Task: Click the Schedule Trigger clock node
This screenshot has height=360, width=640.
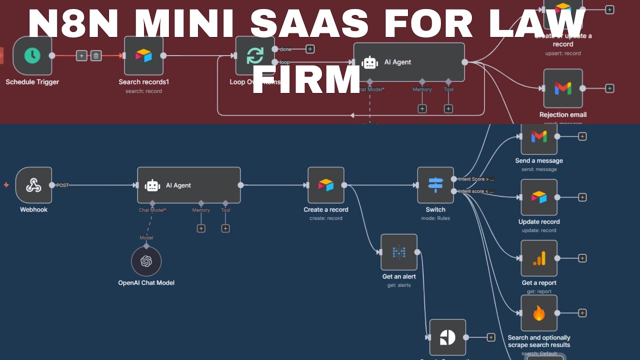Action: pyautogui.click(x=32, y=55)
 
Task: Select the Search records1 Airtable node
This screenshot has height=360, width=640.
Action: pyautogui.click(x=143, y=55)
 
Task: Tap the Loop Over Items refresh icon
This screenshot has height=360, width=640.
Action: pyautogui.click(x=254, y=55)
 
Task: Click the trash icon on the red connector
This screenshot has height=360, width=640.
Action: pyautogui.click(x=96, y=55)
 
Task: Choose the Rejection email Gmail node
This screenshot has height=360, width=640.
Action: pyautogui.click(x=563, y=88)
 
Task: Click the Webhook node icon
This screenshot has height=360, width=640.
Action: pyautogui.click(x=33, y=185)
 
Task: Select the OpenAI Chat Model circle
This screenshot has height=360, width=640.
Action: pyautogui.click(x=146, y=261)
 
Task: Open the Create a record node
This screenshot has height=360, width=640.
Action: pyautogui.click(x=325, y=185)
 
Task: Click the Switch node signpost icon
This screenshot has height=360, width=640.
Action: pyautogui.click(x=435, y=185)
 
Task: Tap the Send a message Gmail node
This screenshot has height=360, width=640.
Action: pyautogui.click(x=539, y=136)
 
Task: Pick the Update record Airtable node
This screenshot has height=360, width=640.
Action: pyautogui.click(x=539, y=197)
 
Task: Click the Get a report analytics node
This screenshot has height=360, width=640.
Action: pyautogui.click(x=539, y=258)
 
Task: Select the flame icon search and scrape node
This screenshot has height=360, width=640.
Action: pyautogui.click(x=539, y=313)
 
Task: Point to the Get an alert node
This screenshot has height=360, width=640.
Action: pyautogui.click(x=398, y=252)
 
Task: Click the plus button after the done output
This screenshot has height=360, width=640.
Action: pyautogui.click(x=310, y=49)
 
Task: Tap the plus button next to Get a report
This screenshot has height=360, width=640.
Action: pyautogui.click(x=582, y=258)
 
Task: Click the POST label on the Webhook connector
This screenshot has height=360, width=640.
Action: pyautogui.click(x=62, y=185)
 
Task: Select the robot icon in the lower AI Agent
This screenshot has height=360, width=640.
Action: pyautogui.click(x=152, y=185)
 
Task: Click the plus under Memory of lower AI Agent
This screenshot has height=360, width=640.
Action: pyautogui.click(x=201, y=228)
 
